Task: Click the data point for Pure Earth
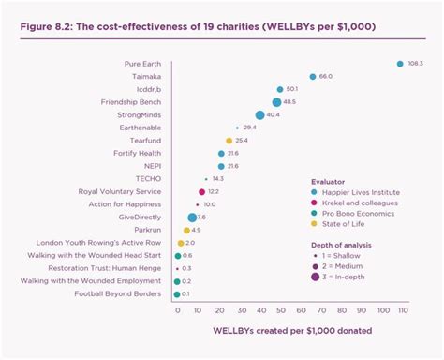tap(400, 64)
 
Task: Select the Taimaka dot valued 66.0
tap(313, 77)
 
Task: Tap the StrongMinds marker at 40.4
tap(259, 115)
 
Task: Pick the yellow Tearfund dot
tap(229, 141)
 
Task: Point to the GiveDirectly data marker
tap(192, 217)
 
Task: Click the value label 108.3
tap(415, 64)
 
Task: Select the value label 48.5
tap(290, 102)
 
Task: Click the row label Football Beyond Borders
tap(118, 293)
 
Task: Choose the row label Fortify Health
tap(137, 153)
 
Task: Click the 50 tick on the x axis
tap(280, 308)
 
